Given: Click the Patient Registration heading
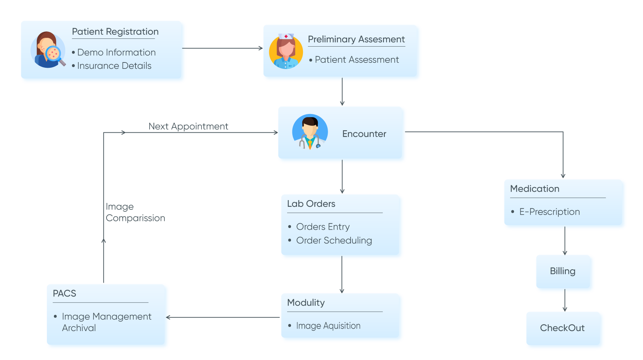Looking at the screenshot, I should (x=115, y=32).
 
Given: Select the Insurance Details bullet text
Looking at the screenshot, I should (x=114, y=66).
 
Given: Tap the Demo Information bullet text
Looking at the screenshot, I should (x=116, y=53).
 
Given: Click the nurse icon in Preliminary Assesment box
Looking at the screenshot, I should (x=286, y=52).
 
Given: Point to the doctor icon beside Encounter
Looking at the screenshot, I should (x=310, y=132).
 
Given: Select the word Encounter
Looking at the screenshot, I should (x=364, y=134).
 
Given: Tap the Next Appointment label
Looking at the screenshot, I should (x=188, y=126).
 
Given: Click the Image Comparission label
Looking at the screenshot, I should (x=135, y=212).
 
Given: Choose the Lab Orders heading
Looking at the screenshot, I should (x=311, y=204).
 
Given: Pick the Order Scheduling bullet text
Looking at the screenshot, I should (x=334, y=241).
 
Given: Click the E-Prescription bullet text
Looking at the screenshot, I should (x=549, y=212).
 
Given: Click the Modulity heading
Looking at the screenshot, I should (x=305, y=303).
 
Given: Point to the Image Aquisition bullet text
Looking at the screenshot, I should (x=328, y=326).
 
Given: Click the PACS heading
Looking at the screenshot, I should (x=64, y=294).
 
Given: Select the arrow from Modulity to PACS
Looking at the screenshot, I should (x=222, y=317).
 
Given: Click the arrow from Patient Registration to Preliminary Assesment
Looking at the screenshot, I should (x=222, y=48).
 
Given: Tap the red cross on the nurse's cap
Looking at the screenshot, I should (x=286, y=36).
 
